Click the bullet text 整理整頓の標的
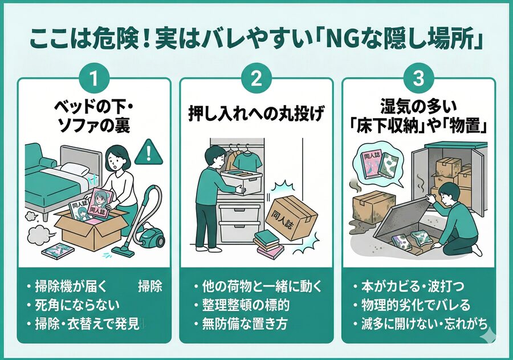(x=245, y=305)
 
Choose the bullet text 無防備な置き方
(x=245, y=325)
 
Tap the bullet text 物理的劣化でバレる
(x=414, y=305)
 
